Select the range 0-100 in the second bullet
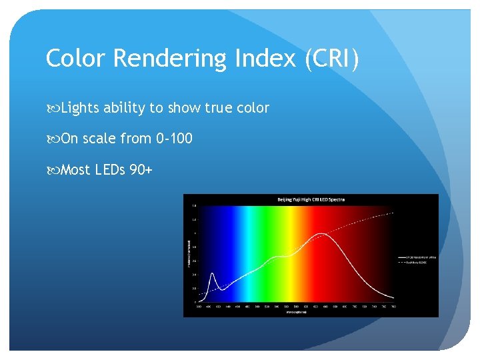(174, 139)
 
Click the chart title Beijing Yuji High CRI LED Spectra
(311, 199)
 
